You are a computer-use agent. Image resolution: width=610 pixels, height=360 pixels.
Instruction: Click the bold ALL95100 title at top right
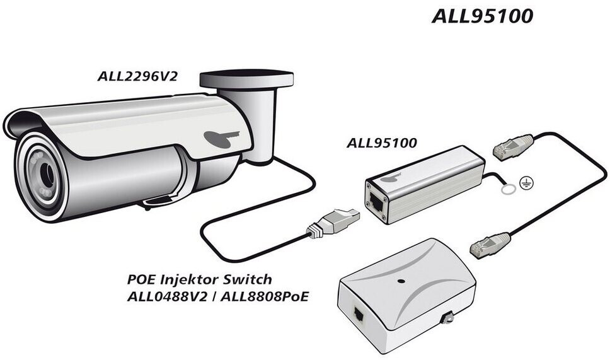(483, 16)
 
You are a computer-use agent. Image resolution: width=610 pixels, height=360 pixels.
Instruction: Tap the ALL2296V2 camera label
(137, 76)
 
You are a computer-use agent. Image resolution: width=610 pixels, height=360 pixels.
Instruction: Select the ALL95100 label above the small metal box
(382, 143)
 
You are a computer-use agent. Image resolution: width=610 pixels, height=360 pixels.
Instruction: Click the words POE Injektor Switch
(200, 279)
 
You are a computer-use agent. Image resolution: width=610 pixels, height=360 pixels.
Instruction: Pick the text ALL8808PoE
(265, 296)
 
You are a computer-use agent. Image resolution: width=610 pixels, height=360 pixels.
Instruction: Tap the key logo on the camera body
(221, 138)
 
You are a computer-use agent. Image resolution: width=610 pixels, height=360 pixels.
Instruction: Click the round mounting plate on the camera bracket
(246, 79)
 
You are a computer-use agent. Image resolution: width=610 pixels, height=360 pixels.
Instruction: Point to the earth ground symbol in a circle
(526, 182)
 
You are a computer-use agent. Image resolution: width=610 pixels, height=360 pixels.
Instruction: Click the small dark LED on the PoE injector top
(401, 281)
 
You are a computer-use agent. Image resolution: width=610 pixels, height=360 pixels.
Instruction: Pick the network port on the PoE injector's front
(359, 313)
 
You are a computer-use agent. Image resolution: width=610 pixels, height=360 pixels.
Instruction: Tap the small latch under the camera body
(157, 201)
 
